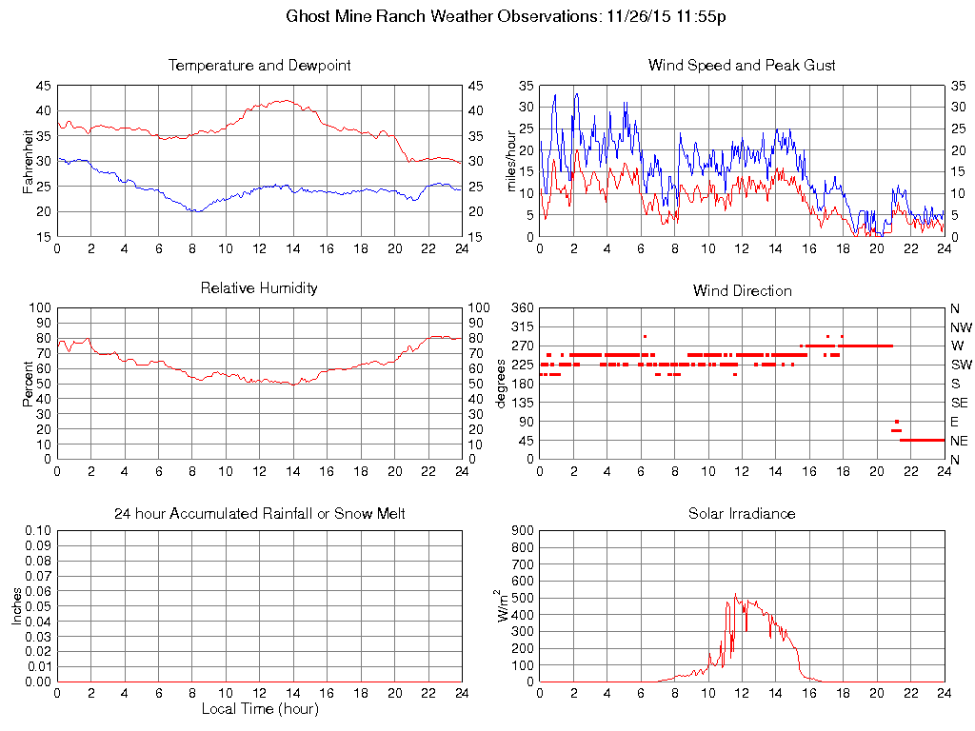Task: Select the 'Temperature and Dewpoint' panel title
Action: point(259,66)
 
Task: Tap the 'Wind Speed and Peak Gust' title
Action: point(742,66)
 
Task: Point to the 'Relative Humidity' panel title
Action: point(259,287)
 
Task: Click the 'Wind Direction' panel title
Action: point(742,290)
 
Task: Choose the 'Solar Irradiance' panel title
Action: point(742,514)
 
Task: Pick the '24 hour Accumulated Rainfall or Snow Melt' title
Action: point(259,514)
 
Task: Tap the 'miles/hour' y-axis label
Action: point(511,160)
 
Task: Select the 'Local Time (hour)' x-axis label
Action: point(259,709)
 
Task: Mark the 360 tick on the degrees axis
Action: point(522,308)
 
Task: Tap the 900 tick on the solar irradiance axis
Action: point(522,530)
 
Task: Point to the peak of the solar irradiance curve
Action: point(736,595)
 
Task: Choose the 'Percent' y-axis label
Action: point(30,383)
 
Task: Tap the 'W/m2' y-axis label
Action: point(506,605)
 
